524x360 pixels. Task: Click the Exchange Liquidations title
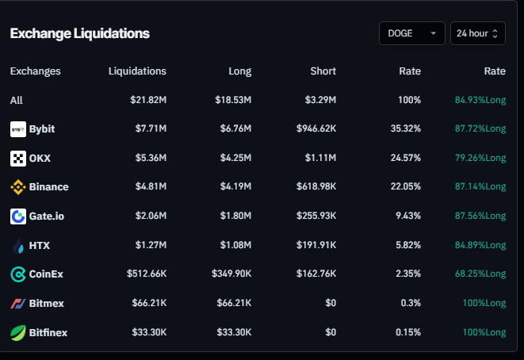(x=79, y=33)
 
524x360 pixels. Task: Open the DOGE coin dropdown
(x=411, y=33)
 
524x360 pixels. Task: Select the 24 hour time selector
(x=477, y=33)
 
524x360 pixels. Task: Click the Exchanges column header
(x=35, y=71)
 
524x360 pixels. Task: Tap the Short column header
(x=323, y=71)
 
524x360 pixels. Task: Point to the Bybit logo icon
(x=17, y=128)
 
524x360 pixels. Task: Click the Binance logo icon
(x=17, y=187)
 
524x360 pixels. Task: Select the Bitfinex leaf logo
(x=17, y=333)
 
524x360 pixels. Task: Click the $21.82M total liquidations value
(x=148, y=100)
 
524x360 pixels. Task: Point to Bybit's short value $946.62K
(x=316, y=128)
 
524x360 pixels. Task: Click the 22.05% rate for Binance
(x=404, y=187)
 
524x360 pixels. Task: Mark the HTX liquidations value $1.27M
(x=151, y=245)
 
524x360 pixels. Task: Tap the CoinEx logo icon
(x=17, y=274)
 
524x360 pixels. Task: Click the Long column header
(x=239, y=71)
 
